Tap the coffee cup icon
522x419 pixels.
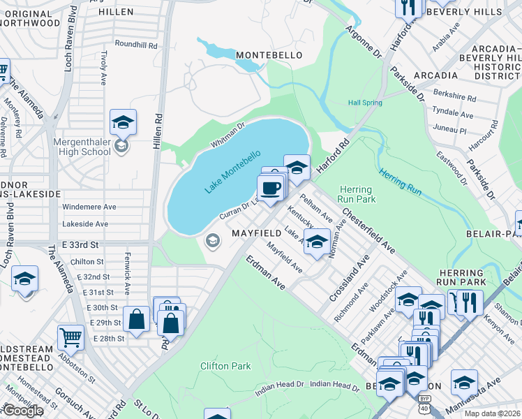click(271, 187)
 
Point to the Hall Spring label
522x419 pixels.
click(365, 103)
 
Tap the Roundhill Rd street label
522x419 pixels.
click(137, 45)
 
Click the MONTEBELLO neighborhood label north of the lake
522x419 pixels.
click(269, 54)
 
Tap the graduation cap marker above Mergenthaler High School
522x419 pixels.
click(123, 122)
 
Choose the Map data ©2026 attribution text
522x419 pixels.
click(492, 413)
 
